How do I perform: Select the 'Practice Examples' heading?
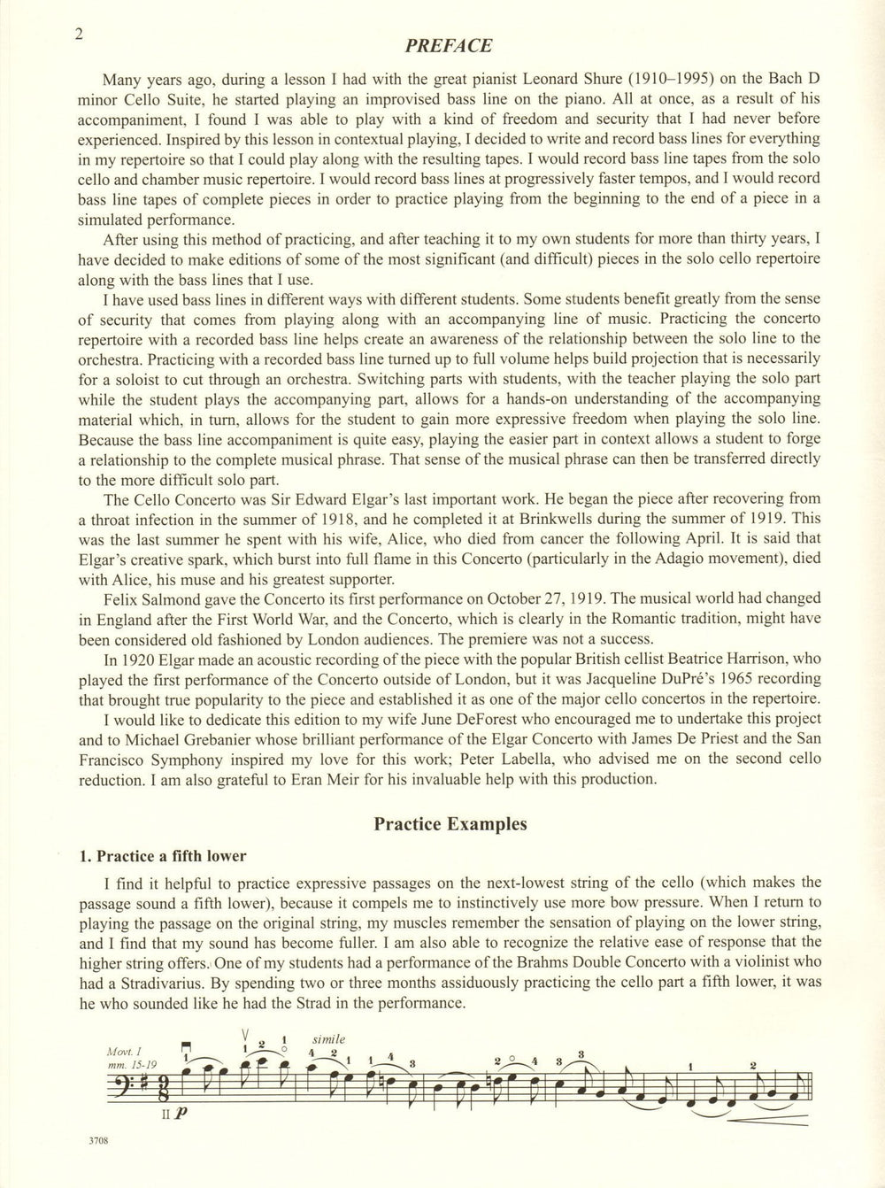[450, 823]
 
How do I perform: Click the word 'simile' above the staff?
[328, 1038]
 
